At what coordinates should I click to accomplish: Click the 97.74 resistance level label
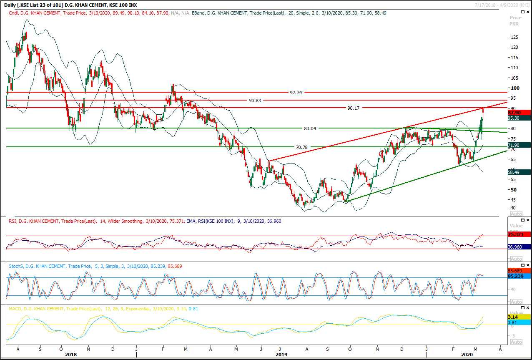tap(296, 93)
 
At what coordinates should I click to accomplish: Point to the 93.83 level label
tap(255, 101)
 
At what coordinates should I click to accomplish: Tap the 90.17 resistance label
tap(353, 108)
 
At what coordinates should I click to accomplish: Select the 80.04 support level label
tap(310, 128)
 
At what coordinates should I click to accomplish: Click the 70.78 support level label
tap(301, 147)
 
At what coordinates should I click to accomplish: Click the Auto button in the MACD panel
tap(516, 342)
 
